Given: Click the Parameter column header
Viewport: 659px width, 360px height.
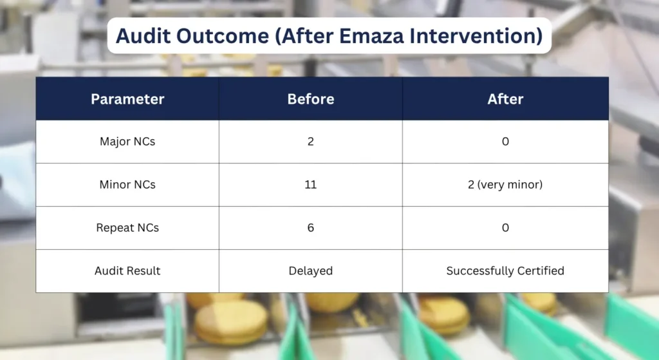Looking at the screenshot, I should click(127, 99).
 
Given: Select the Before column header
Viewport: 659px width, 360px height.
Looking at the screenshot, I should click(311, 99).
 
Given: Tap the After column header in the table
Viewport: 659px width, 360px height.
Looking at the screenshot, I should click(505, 99).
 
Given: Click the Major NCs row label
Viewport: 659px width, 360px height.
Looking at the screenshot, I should click(127, 142).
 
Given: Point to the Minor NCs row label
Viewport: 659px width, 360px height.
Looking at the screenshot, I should click(127, 185).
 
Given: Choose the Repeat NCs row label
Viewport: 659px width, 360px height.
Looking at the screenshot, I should click(127, 228).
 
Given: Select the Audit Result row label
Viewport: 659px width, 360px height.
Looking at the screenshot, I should click(127, 271).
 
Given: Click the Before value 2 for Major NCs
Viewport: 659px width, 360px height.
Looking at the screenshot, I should click(311, 142).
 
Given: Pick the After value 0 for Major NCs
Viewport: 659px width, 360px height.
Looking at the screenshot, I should click(505, 142).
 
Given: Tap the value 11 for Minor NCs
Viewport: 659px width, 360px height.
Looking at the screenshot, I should click(311, 185).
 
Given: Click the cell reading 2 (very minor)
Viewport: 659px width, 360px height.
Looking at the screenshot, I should click(505, 185).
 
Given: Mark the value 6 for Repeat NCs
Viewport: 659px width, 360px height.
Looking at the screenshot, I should click(311, 228).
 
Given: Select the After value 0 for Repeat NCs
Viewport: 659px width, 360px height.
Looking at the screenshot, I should click(505, 228).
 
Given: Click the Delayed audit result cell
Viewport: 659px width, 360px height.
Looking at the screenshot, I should click(311, 271).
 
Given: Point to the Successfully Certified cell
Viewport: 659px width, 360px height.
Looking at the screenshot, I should click(505, 271).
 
